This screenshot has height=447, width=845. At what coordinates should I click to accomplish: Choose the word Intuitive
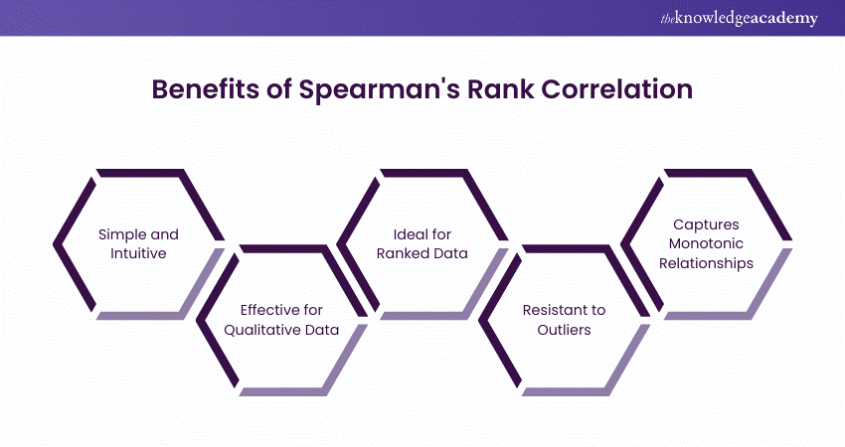[x=137, y=253]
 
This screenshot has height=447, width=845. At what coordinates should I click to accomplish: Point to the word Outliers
[x=565, y=330]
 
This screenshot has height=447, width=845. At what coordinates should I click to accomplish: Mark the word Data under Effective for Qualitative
[x=320, y=330]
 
